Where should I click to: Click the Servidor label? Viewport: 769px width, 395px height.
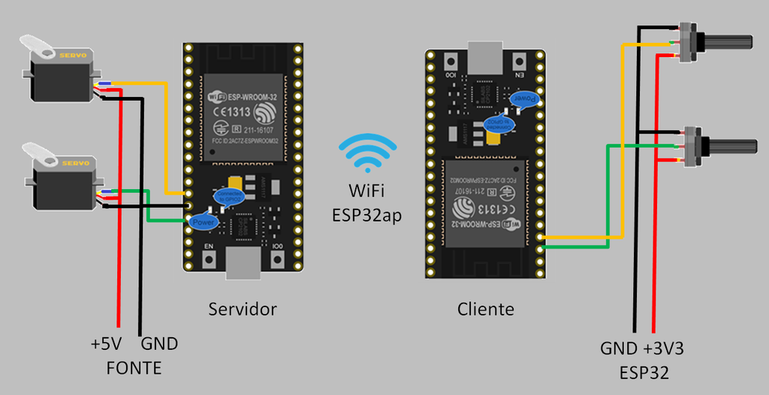pyautogui.click(x=243, y=309)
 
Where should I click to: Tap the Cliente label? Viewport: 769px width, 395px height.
pyautogui.click(x=486, y=309)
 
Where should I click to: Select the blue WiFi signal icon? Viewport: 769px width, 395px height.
pyautogui.click(x=367, y=155)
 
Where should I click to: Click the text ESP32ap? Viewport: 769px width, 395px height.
pyautogui.click(x=367, y=215)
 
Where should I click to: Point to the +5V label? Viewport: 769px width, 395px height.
pyautogui.click(x=106, y=345)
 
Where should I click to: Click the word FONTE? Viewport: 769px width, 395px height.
pyautogui.click(x=134, y=369)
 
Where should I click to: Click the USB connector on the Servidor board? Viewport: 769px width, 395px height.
pyautogui.click(x=242, y=264)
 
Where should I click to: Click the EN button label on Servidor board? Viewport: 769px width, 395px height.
pyautogui.click(x=208, y=247)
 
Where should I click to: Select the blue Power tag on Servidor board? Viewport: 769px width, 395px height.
pyautogui.click(x=204, y=222)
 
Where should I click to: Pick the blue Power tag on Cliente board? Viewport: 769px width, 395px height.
pyautogui.click(x=524, y=98)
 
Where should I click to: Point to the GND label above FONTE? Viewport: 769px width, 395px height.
pyautogui.click(x=159, y=345)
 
